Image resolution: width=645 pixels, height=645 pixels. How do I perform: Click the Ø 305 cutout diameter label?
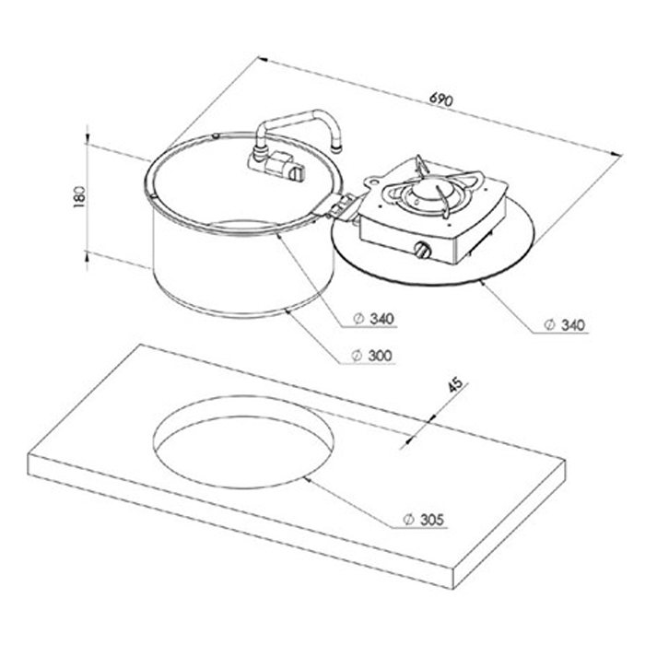(423, 522)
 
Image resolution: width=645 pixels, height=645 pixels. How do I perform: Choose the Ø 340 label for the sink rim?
(374, 319)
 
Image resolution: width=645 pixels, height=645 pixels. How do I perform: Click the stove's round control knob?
(423, 250)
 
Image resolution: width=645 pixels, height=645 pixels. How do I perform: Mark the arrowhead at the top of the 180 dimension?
(87, 145)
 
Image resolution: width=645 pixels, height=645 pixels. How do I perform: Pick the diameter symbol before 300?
(358, 355)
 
